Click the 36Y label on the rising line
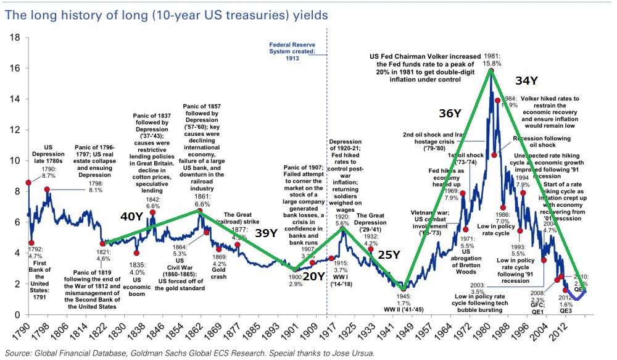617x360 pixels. pos(450,114)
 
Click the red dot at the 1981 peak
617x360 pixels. pos(491,70)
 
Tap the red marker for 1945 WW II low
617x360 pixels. pos(404,288)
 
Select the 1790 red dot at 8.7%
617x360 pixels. pos(28,183)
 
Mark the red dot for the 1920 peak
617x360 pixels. pos(344,228)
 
